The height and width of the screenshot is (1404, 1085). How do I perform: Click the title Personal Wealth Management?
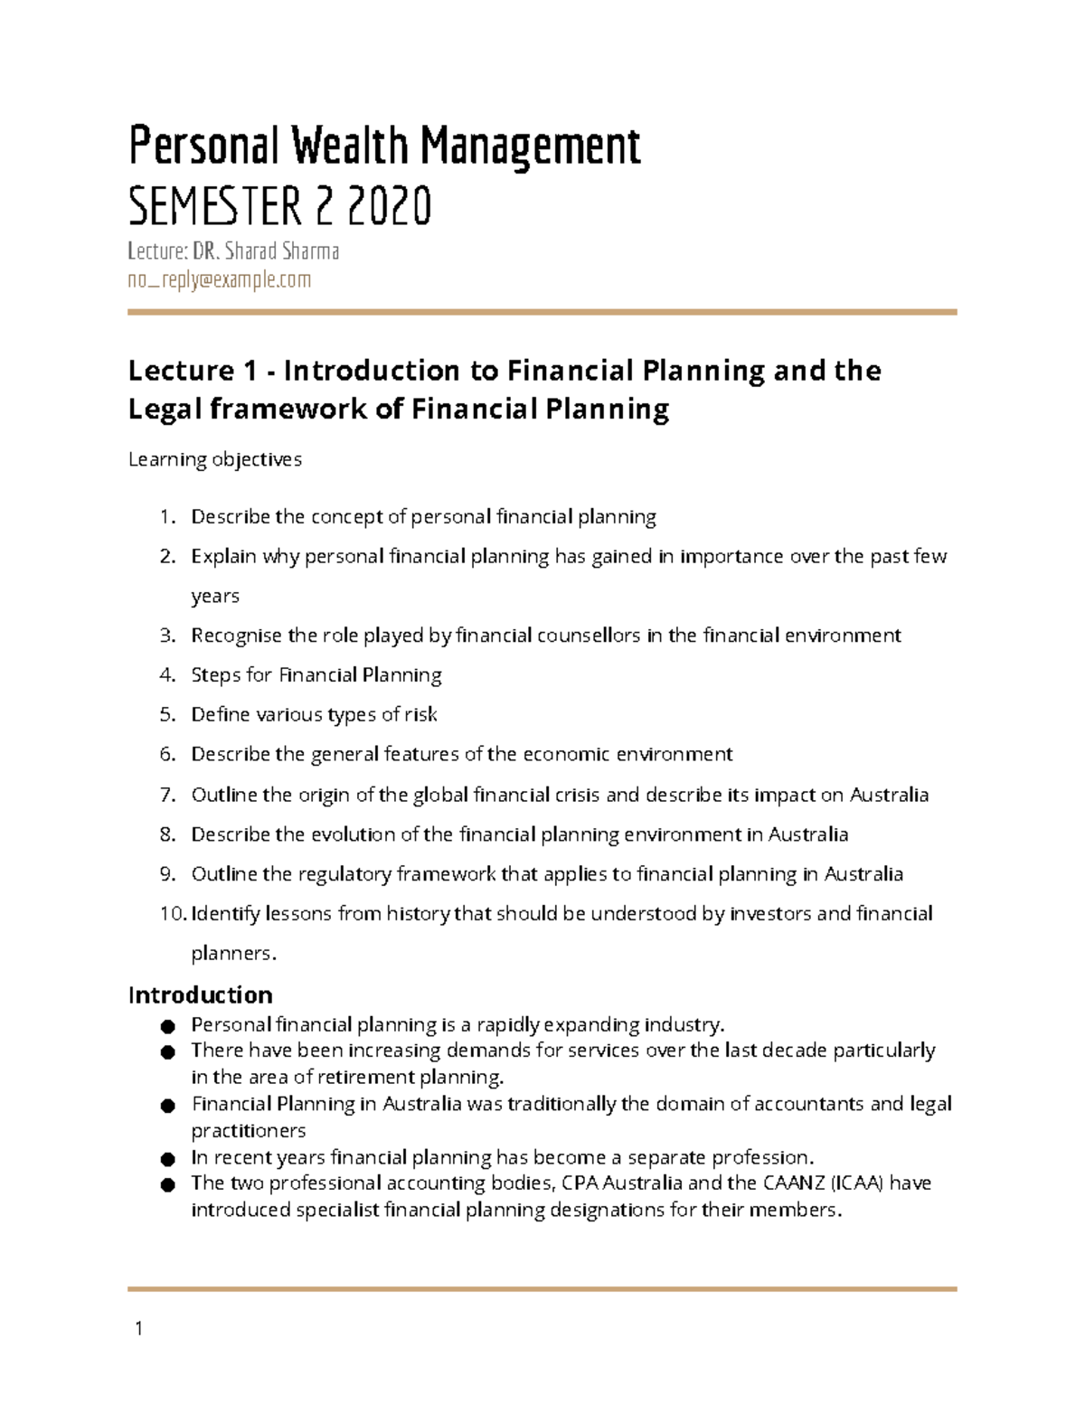[x=384, y=146]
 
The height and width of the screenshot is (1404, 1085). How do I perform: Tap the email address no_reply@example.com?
[x=219, y=280]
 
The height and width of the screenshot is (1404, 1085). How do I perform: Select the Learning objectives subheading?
[x=215, y=459]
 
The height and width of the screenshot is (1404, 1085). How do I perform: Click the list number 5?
[x=167, y=714]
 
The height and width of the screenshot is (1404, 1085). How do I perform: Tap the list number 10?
[x=172, y=913]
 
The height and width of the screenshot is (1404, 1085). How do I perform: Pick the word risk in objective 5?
[x=420, y=714]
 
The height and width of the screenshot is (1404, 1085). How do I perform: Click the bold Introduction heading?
[x=200, y=994]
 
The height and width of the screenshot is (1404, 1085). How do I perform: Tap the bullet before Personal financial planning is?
[x=167, y=1026]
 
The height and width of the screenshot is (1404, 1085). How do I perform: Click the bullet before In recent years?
[x=167, y=1159]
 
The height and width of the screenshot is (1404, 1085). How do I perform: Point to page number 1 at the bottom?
[x=138, y=1328]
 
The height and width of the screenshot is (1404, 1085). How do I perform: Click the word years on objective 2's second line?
[x=215, y=596]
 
